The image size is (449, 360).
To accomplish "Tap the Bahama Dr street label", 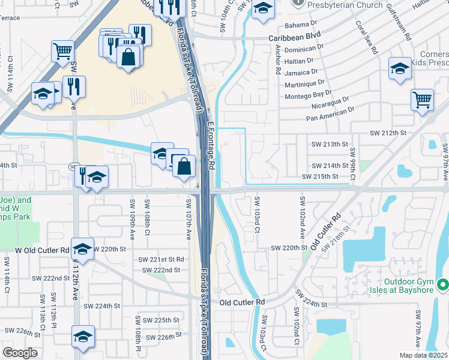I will tap(300, 25).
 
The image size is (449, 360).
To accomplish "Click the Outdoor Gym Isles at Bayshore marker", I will tap(442, 284).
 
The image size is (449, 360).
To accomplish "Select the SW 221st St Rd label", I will tap(161, 259).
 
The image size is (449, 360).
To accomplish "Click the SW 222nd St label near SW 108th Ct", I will tap(161, 270).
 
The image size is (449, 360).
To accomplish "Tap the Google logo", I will tap(20, 353).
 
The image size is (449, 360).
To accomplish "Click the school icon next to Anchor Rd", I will tap(262, 9).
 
